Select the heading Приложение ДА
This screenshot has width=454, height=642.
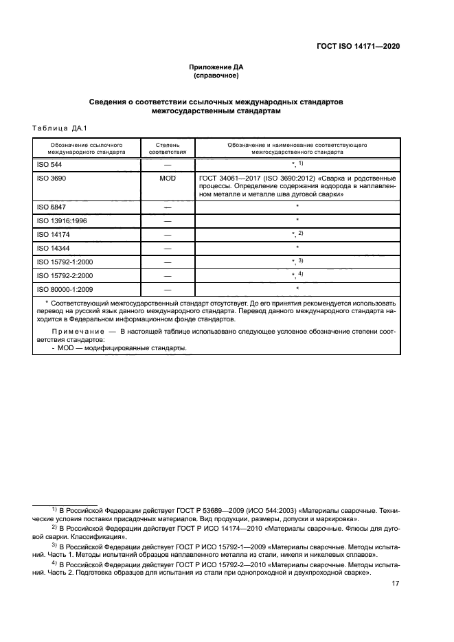click(x=216, y=67)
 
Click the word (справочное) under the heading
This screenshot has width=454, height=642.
click(x=216, y=76)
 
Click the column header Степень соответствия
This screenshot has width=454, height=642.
click(x=167, y=149)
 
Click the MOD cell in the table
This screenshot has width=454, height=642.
click(x=167, y=178)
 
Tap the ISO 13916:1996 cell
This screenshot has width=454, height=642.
click(x=60, y=220)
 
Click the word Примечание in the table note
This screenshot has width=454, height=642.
click(x=78, y=332)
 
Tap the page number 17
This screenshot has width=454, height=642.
click(x=396, y=584)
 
